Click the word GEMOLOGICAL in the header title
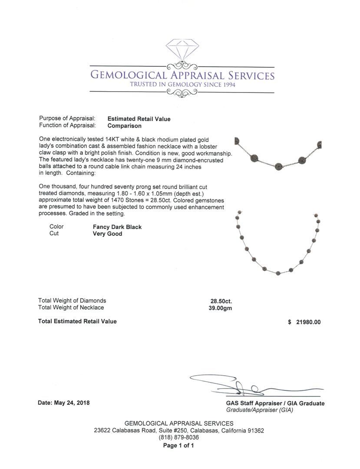click(x=129, y=76)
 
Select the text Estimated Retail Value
click(x=139, y=119)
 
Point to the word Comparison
click(x=125, y=126)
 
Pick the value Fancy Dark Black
click(x=117, y=227)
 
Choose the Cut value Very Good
click(x=108, y=234)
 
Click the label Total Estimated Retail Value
click(x=77, y=321)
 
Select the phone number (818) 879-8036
click(x=179, y=438)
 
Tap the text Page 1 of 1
click(x=178, y=446)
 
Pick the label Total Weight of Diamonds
click(x=72, y=301)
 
